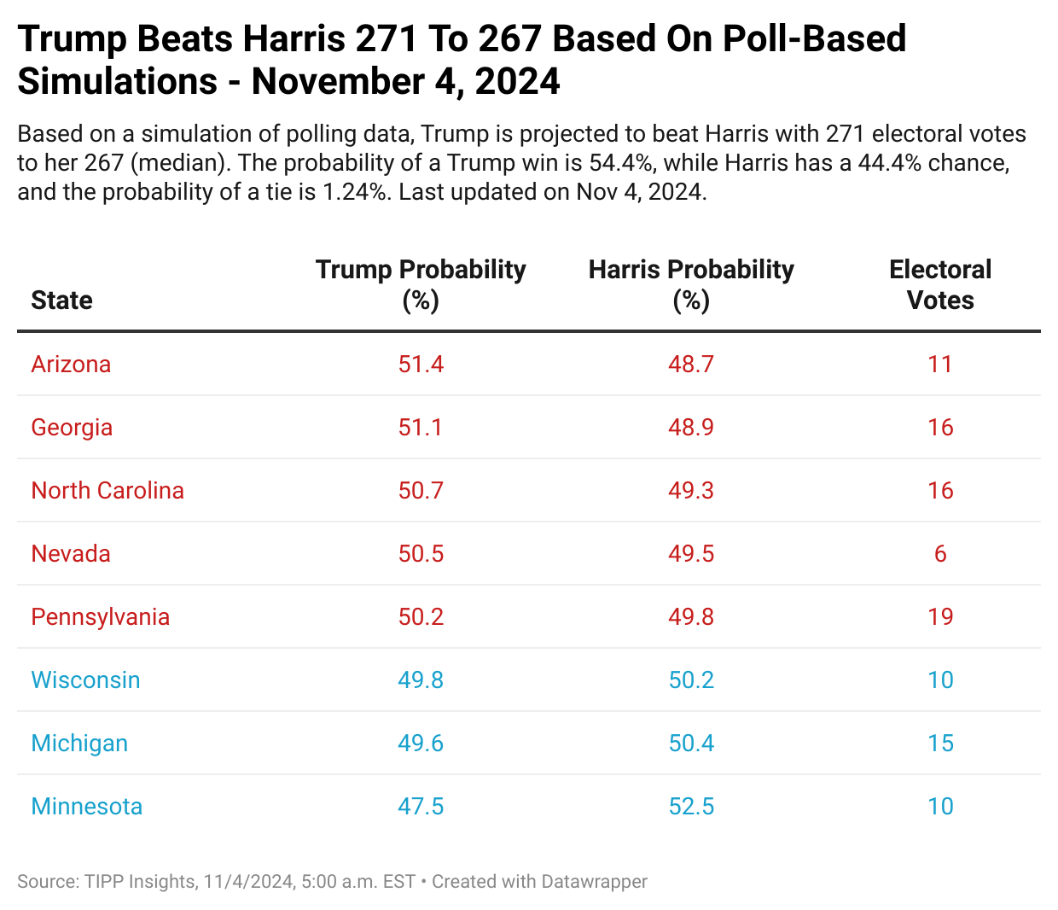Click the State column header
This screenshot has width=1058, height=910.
click(61, 300)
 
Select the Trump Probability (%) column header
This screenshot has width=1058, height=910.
click(421, 284)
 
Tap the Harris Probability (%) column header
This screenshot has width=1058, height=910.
click(691, 284)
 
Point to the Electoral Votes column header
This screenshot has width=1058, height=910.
click(940, 284)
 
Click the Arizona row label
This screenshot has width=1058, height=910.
click(71, 365)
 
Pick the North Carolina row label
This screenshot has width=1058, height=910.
click(108, 491)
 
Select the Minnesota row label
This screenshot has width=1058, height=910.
click(86, 807)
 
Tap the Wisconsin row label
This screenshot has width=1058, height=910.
click(85, 680)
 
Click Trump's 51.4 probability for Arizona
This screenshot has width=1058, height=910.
click(421, 365)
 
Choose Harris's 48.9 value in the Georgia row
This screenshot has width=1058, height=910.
click(691, 428)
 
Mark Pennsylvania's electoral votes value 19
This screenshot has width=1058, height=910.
click(940, 617)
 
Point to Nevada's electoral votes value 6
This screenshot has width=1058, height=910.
click(940, 554)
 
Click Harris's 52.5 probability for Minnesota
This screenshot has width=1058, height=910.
click(691, 807)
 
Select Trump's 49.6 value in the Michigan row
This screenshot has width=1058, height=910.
click(421, 744)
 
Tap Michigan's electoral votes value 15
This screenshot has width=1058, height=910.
click(940, 744)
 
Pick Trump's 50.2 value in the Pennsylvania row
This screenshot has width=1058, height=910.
click(421, 617)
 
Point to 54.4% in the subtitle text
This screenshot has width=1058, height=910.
click(621, 163)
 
